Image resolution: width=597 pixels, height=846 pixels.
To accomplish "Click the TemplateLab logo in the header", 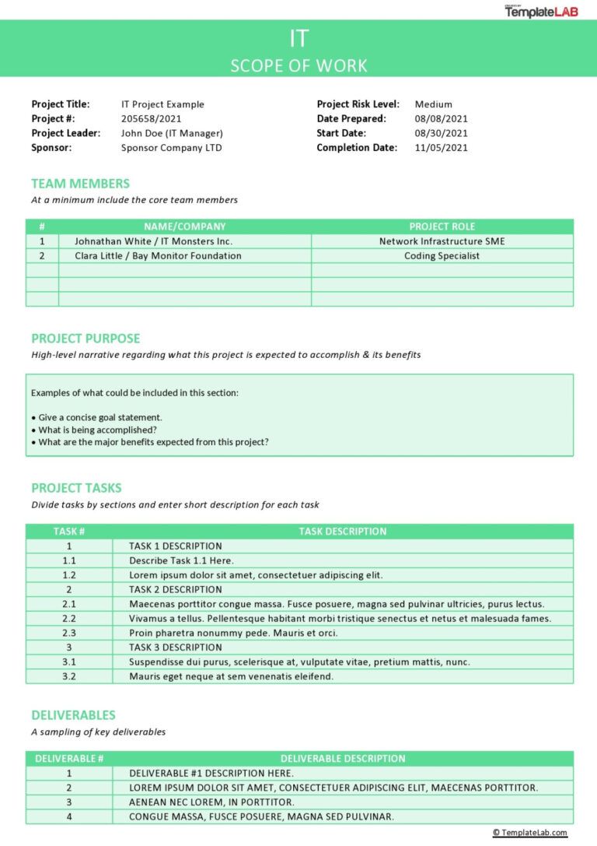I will tap(541, 11).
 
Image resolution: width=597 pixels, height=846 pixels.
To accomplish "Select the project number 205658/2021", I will tap(152, 118).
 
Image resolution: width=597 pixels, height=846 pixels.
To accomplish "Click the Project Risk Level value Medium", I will tap(433, 104).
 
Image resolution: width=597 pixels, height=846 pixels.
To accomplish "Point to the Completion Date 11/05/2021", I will tap(441, 148).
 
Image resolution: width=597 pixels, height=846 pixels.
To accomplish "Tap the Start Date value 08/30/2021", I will tap(441, 133).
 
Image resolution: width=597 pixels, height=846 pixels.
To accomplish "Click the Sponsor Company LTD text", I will tap(171, 148).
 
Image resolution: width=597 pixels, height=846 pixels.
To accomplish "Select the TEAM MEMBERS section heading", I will tap(80, 184).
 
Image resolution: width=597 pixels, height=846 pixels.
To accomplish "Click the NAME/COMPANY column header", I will tap(184, 226).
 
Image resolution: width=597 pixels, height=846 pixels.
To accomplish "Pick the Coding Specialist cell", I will tap(442, 255).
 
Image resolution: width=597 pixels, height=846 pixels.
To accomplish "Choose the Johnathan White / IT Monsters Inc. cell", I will tap(153, 241).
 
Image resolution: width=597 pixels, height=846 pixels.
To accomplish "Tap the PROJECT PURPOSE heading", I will tap(86, 339).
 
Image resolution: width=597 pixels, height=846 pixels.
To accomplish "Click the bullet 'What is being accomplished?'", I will tap(97, 430).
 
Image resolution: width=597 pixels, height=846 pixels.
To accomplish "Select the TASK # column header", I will tap(68, 532).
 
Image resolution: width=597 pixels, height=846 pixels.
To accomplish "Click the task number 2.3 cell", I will tap(68, 633).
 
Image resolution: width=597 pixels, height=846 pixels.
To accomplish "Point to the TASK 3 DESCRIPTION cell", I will tap(175, 648).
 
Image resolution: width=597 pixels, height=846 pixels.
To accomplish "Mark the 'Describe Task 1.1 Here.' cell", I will tap(180, 560).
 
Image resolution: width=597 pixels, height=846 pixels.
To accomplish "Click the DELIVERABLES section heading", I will tap(73, 715).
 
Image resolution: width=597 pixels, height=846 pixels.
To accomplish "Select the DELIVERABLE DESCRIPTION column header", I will tap(342, 759).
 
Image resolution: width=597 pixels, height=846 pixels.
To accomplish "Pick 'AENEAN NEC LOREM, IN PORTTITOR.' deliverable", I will tap(211, 802).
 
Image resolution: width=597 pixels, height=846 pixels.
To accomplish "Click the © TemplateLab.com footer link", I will tap(529, 833).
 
